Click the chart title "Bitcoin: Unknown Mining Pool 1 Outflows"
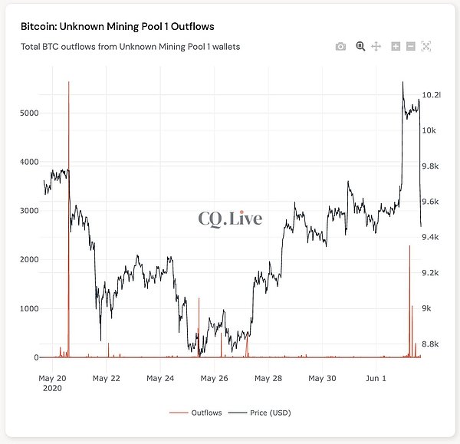click(117, 26)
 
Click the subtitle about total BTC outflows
click(130, 47)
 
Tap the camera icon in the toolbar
click(340, 47)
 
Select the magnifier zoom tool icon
click(360, 47)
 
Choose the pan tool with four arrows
click(376, 47)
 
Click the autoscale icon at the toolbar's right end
click(426, 47)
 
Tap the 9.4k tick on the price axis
click(429, 238)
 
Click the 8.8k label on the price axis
click(429, 344)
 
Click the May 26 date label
click(219, 378)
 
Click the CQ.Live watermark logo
click(230, 219)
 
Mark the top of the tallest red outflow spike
click(69, 81)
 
